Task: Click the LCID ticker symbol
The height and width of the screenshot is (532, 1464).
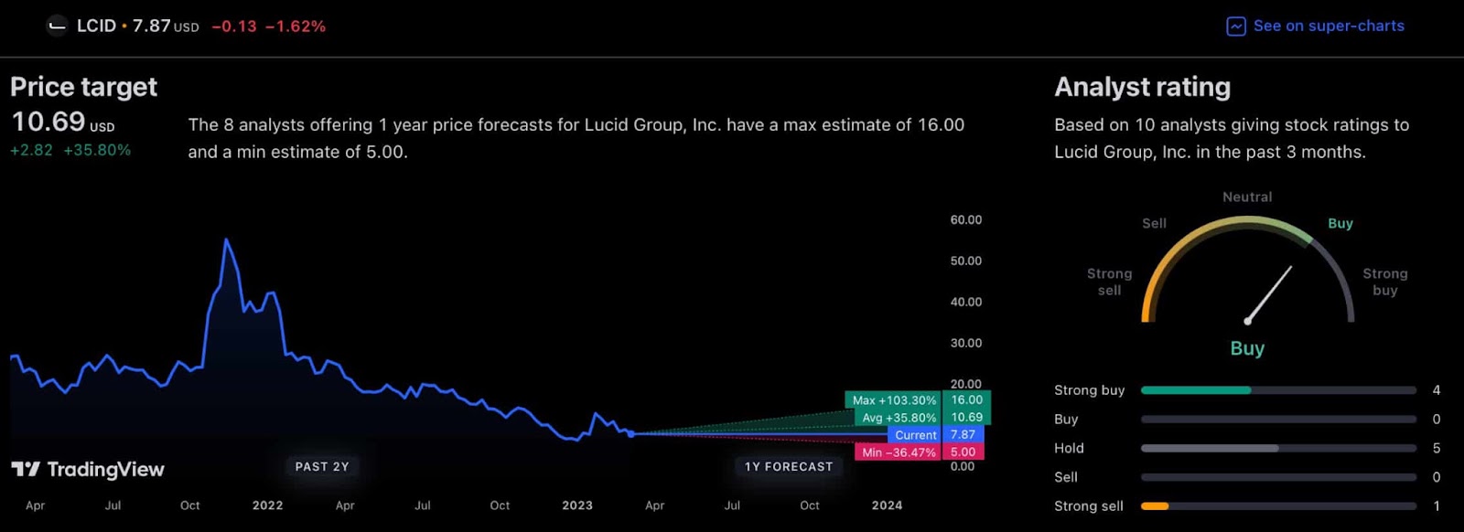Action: point(96,26)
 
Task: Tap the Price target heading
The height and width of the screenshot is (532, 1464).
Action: point(83,87)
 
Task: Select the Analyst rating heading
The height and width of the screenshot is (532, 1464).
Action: point(1142,87)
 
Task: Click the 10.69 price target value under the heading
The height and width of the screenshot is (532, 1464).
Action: point(48,122)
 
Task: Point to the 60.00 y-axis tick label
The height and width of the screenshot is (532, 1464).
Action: point(965,220)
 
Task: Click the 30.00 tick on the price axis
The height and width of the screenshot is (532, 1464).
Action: point(965,344)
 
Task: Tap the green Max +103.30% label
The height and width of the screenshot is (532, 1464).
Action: point(893,400)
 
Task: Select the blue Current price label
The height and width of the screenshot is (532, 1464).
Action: point(915,435)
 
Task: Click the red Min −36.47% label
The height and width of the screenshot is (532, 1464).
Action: point(898,452)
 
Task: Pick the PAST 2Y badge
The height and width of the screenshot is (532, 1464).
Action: point(322,467)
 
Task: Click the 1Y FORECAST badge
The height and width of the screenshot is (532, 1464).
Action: point(789,467)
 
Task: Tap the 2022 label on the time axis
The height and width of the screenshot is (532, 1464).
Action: point(267,505)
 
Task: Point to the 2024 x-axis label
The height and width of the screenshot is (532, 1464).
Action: point(887,505)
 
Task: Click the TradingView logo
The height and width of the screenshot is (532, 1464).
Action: point(88,470)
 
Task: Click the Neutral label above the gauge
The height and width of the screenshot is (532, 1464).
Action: point(1247,197)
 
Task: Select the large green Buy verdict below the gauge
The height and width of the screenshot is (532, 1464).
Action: point(1247,348)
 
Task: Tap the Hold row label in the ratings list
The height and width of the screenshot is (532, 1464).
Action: point(1069,449)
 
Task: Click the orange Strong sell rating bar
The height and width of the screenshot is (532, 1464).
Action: point(1155,506)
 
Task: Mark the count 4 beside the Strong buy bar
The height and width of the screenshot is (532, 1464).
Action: point(1437,390)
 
